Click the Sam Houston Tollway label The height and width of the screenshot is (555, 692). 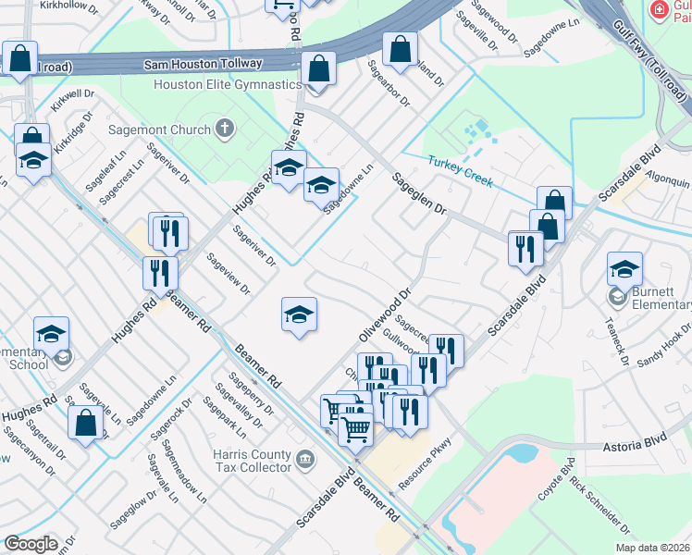point(203,64)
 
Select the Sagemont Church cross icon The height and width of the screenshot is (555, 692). point(225,129)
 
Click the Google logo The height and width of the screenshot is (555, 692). point(31,544)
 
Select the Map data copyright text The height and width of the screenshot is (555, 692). point(653,548)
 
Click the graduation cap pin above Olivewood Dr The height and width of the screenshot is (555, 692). point(299,314)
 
